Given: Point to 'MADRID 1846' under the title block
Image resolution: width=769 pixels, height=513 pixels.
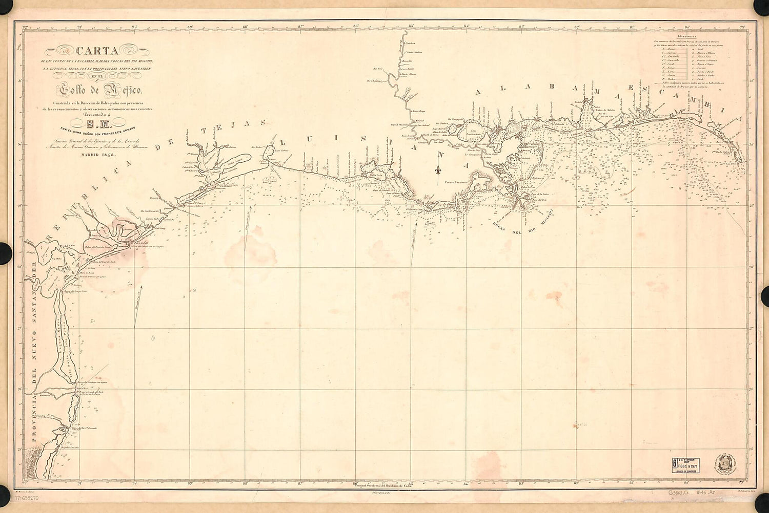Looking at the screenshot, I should coord(94,154).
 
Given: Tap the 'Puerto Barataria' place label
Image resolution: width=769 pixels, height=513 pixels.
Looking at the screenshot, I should coord(457,182).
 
